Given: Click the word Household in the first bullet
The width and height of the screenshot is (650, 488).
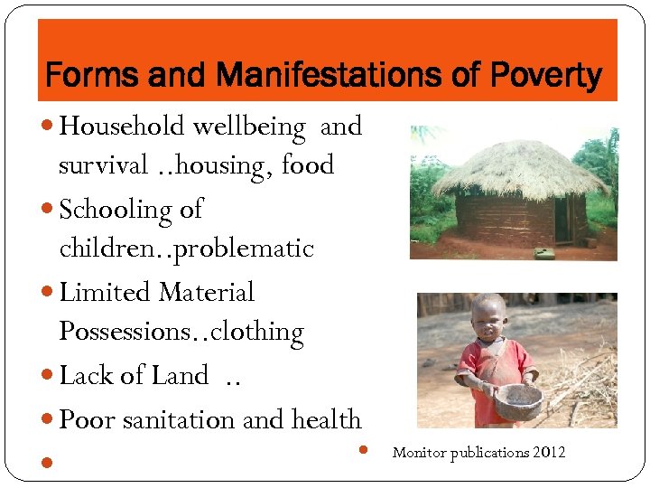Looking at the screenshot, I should coord(121,127).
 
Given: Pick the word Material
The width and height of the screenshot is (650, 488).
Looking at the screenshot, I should coord(207,292).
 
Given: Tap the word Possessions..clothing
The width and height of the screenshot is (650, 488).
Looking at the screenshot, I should coord(181,333).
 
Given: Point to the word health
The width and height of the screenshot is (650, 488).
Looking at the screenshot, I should coord(326,419).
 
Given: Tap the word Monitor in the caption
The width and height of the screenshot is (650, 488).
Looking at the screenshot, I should coord(418,452).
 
